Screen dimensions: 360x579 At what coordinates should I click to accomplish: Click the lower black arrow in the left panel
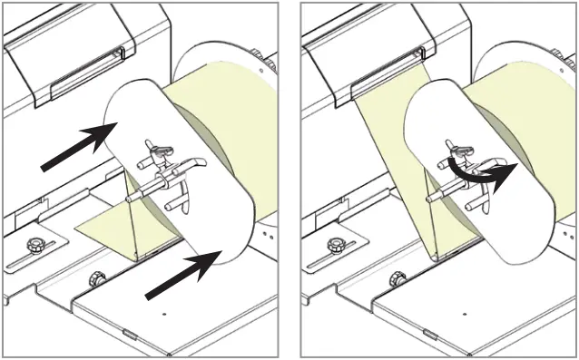click(x=182, y=275)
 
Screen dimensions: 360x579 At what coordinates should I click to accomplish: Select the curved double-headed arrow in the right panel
click(x=481, y=172)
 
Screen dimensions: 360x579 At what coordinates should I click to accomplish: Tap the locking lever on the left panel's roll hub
click(x=161, y=147)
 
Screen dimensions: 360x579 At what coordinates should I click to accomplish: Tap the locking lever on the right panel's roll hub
click(x=460, y=149)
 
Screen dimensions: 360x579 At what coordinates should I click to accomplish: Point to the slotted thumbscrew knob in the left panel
click(x=37, y=245)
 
